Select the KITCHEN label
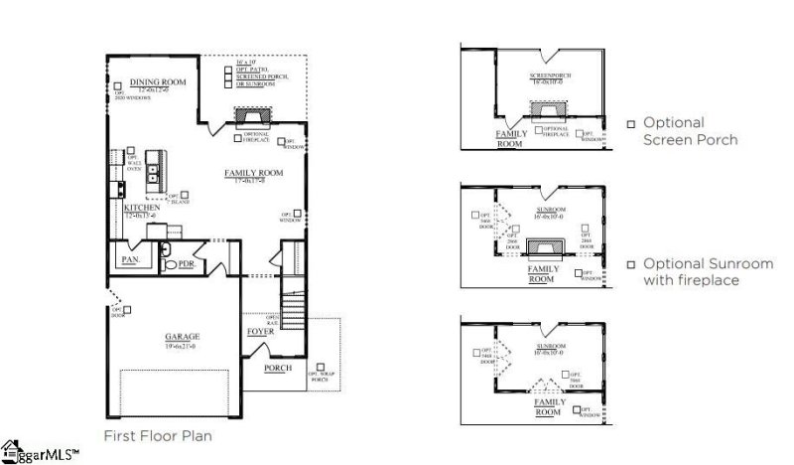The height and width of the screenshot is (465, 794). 142,208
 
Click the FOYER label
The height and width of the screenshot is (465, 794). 260,332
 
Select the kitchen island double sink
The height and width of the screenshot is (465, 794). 155,176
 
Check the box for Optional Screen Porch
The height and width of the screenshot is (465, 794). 630,124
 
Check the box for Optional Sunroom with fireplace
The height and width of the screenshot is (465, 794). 630,264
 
